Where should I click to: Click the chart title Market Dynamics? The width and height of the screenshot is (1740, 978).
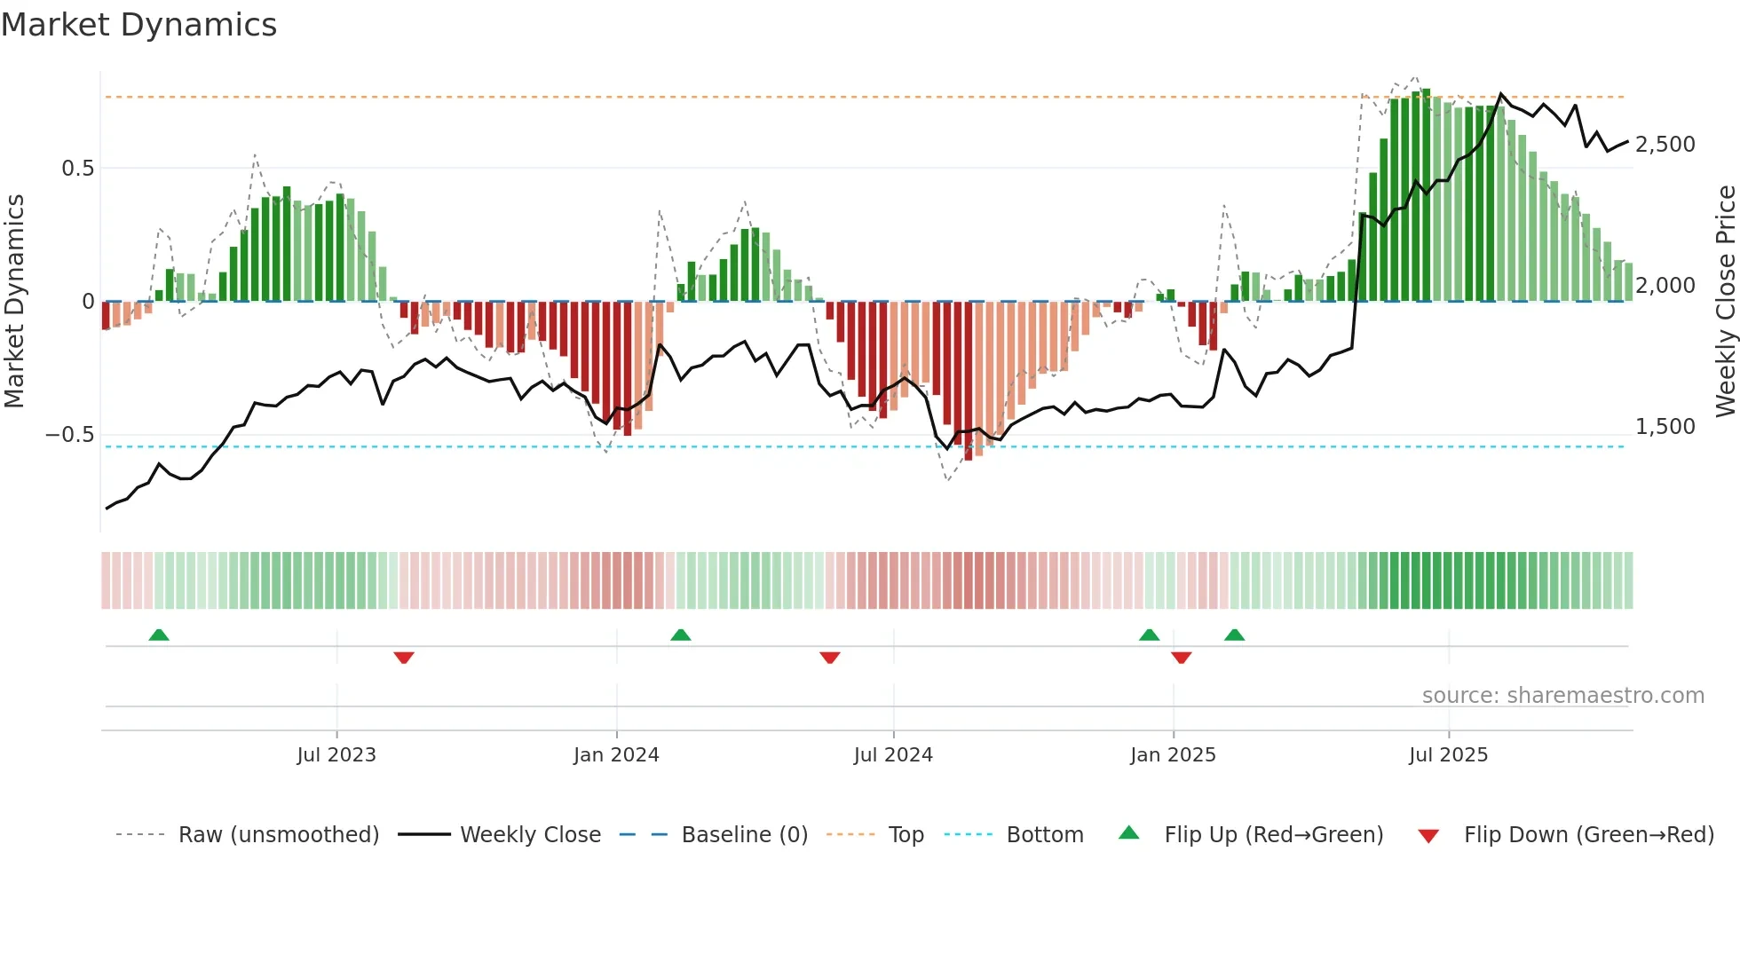point(138,25)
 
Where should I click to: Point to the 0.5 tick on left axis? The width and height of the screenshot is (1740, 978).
point(77,169)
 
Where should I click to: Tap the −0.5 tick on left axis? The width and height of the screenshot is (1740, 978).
point(70,435)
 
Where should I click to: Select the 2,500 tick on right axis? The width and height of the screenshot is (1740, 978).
point(1665,145)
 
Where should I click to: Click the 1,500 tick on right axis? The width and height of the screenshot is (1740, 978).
point(1665,427)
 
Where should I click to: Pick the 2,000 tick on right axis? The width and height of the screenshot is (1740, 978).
point(1665,286)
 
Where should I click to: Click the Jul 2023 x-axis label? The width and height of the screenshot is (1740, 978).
point(336,755)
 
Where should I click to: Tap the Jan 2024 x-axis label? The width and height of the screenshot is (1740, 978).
point(616,755)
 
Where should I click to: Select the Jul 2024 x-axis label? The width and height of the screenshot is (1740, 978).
point(893,755)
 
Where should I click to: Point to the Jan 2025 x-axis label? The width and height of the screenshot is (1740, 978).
point(1173,755)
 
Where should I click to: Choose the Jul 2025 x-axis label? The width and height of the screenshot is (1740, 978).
point(1448,755)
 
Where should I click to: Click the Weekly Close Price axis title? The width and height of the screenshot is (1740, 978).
point(1725,301)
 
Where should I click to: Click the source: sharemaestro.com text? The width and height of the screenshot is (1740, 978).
point(1562,696)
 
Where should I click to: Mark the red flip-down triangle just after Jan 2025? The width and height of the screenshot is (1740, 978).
point(1181,658)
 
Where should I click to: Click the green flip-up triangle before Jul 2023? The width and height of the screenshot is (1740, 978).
point(159,635)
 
